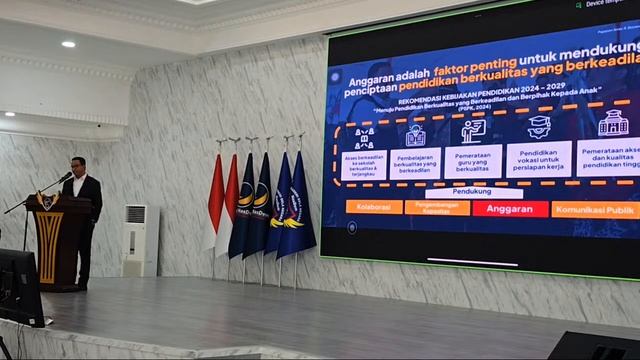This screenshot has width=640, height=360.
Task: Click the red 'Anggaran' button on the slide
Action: tap(510, 209)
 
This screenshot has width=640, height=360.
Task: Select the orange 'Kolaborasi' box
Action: tap(374, 207)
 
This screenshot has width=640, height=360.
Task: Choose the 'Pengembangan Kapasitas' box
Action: tap(437, 208)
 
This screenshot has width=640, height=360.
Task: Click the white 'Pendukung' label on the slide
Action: tap(472, 191)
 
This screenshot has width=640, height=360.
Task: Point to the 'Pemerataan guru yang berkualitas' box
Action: tap(473, 161)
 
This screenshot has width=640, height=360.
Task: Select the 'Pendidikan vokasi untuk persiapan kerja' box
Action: tap(538, 158)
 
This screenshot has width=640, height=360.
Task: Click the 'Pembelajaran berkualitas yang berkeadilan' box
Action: tap(415, 163)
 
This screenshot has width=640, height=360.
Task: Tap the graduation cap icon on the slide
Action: tap(539, 127)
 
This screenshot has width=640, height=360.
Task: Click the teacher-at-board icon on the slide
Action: tap(473, 131)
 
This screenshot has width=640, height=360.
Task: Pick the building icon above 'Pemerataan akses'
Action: tap(613, 123)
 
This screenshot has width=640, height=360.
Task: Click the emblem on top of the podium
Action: tap(46, 201)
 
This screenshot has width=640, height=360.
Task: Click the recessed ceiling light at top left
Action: tap(68, 44)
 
